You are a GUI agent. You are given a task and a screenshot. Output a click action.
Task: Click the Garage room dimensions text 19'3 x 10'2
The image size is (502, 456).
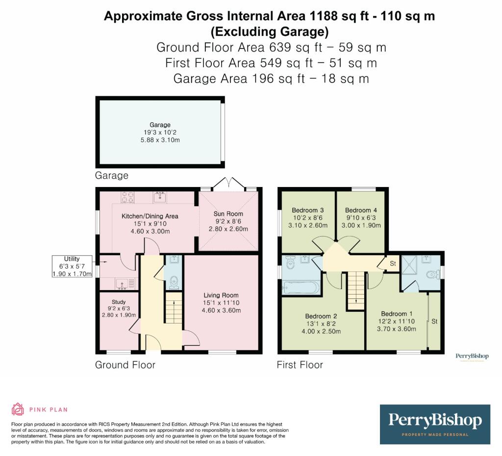tap(160, 133)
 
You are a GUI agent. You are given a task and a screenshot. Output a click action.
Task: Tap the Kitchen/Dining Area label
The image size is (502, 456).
tap(150, 216)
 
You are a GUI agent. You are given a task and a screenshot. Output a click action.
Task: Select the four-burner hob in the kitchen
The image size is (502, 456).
tap(128, 197)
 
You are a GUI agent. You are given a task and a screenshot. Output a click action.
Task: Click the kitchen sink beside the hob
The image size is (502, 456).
tap(160, 197)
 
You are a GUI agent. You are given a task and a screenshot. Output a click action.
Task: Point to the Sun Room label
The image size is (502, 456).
tap(228, 214)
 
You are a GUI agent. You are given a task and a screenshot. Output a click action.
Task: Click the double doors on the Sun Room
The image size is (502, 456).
tap(228, 184)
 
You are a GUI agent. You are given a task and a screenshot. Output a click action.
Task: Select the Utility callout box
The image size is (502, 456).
tap(72, 266)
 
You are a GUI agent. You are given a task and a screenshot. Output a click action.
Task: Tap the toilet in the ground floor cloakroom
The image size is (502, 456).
tap(173, 282)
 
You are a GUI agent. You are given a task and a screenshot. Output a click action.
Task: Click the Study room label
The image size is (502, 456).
tap(119, 302)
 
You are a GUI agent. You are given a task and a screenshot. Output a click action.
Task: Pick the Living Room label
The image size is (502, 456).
tap(221, 295)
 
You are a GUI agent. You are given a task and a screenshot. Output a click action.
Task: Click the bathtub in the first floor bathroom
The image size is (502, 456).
tap(301, 288)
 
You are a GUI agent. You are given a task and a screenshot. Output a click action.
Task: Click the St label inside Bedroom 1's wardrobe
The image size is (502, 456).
tap(434, 322)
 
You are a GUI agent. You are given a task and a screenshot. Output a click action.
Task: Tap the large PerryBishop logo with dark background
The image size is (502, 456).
tap(435, 424)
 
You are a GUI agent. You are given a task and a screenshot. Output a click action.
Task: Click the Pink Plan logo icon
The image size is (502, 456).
tap(18, 409)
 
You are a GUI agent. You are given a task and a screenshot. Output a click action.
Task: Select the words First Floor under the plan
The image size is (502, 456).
tap(300, 365)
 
